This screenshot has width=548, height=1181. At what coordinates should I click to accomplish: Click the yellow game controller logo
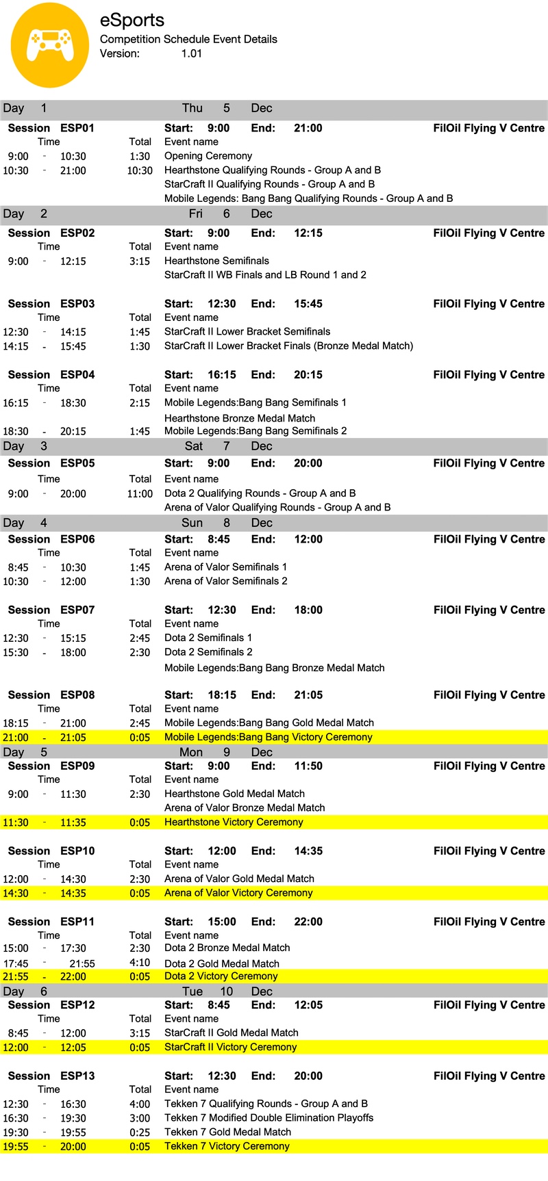point(50,45)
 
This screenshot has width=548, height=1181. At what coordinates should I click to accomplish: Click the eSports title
point(132,21)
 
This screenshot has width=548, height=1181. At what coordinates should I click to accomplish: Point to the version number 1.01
point(192,53)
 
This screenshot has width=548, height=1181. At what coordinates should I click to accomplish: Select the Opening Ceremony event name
point(208,156)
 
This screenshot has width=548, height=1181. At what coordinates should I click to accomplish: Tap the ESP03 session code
point(77,304)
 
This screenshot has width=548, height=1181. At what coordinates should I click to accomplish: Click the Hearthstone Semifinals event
point(216,261)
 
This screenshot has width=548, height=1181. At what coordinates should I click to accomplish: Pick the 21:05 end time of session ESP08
point(308,695)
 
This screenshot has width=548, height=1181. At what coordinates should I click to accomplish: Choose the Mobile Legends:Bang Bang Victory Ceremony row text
point(269,737)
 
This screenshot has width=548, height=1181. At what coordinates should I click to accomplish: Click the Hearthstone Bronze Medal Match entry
point(240,418)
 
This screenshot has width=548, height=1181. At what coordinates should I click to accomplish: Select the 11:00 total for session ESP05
point(140,493)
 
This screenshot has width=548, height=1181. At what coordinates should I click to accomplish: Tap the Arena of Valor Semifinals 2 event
point(226,581)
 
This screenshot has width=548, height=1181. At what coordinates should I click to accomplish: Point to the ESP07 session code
point(77,610)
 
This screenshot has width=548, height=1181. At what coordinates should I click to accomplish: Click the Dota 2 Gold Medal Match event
point(222,963)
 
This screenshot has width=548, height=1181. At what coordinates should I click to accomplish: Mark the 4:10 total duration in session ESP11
point(140,963)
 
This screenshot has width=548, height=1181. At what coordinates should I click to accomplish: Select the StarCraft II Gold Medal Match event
point(232,1033)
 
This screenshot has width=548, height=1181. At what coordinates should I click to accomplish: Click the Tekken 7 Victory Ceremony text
point(227,1146)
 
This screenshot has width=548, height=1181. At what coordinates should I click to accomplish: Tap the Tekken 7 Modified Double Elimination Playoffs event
point(269,1118)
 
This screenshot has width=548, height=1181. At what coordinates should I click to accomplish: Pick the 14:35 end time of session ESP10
point(308,851)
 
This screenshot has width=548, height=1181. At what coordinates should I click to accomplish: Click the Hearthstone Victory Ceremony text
point(234,822)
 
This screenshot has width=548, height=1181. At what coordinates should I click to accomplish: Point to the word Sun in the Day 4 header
point(192,523)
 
